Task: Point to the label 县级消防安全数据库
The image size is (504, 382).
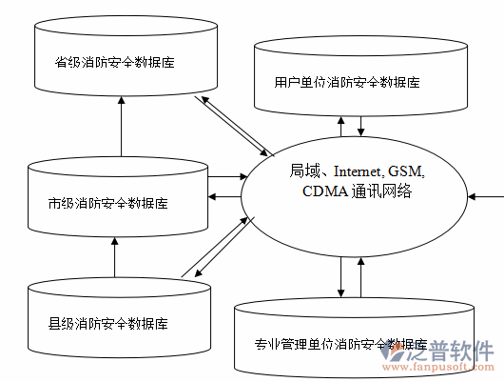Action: (x=115, y=321)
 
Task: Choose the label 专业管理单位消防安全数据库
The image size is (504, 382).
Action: (x=339, y=344)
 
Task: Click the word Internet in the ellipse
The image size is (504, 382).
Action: (x=357, y=172)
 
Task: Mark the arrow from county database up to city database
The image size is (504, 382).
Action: (x=114, y=257)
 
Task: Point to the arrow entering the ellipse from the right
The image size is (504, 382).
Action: (x=487, y=196)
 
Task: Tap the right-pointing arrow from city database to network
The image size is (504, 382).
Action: (x=225, y=176)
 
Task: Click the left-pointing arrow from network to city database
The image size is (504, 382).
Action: (x=225, y=197)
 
